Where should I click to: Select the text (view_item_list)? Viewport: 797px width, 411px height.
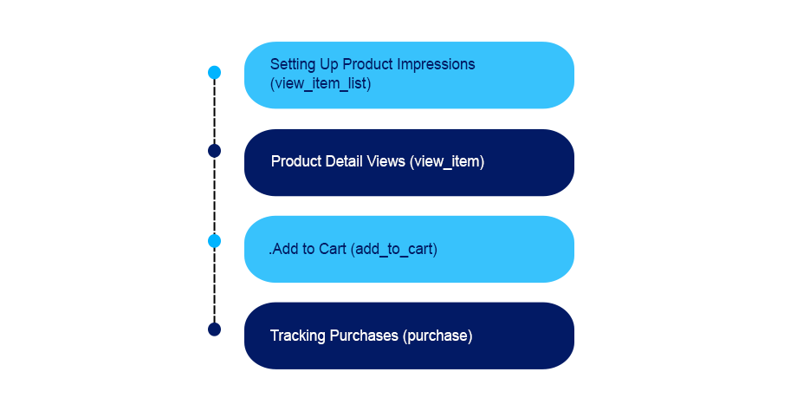[x=320, y=84]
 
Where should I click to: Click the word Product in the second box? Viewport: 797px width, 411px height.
[x=295, y=162]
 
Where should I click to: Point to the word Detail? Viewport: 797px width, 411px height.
[x=342, y=162]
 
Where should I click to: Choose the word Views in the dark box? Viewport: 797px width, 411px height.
[x=386, y=162]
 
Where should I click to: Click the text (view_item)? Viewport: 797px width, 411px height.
[x=447, y=162]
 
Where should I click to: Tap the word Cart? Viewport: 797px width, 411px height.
[x=331, y=250]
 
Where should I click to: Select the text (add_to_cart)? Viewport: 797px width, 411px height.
[x=393, y=250]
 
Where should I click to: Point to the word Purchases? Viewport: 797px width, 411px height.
[x=365, y=336]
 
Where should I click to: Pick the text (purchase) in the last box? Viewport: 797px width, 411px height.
[x=437, y=336]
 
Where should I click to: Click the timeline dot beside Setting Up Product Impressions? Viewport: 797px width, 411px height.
[x=215, y=73]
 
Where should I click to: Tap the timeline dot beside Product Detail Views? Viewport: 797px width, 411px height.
[x=215, y=151]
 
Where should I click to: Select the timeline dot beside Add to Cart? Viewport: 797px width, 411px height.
[x=215, y=240]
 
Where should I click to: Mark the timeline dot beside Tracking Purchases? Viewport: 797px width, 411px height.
[x=215, y=329]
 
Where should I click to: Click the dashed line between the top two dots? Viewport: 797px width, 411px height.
[x=215, y=112]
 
